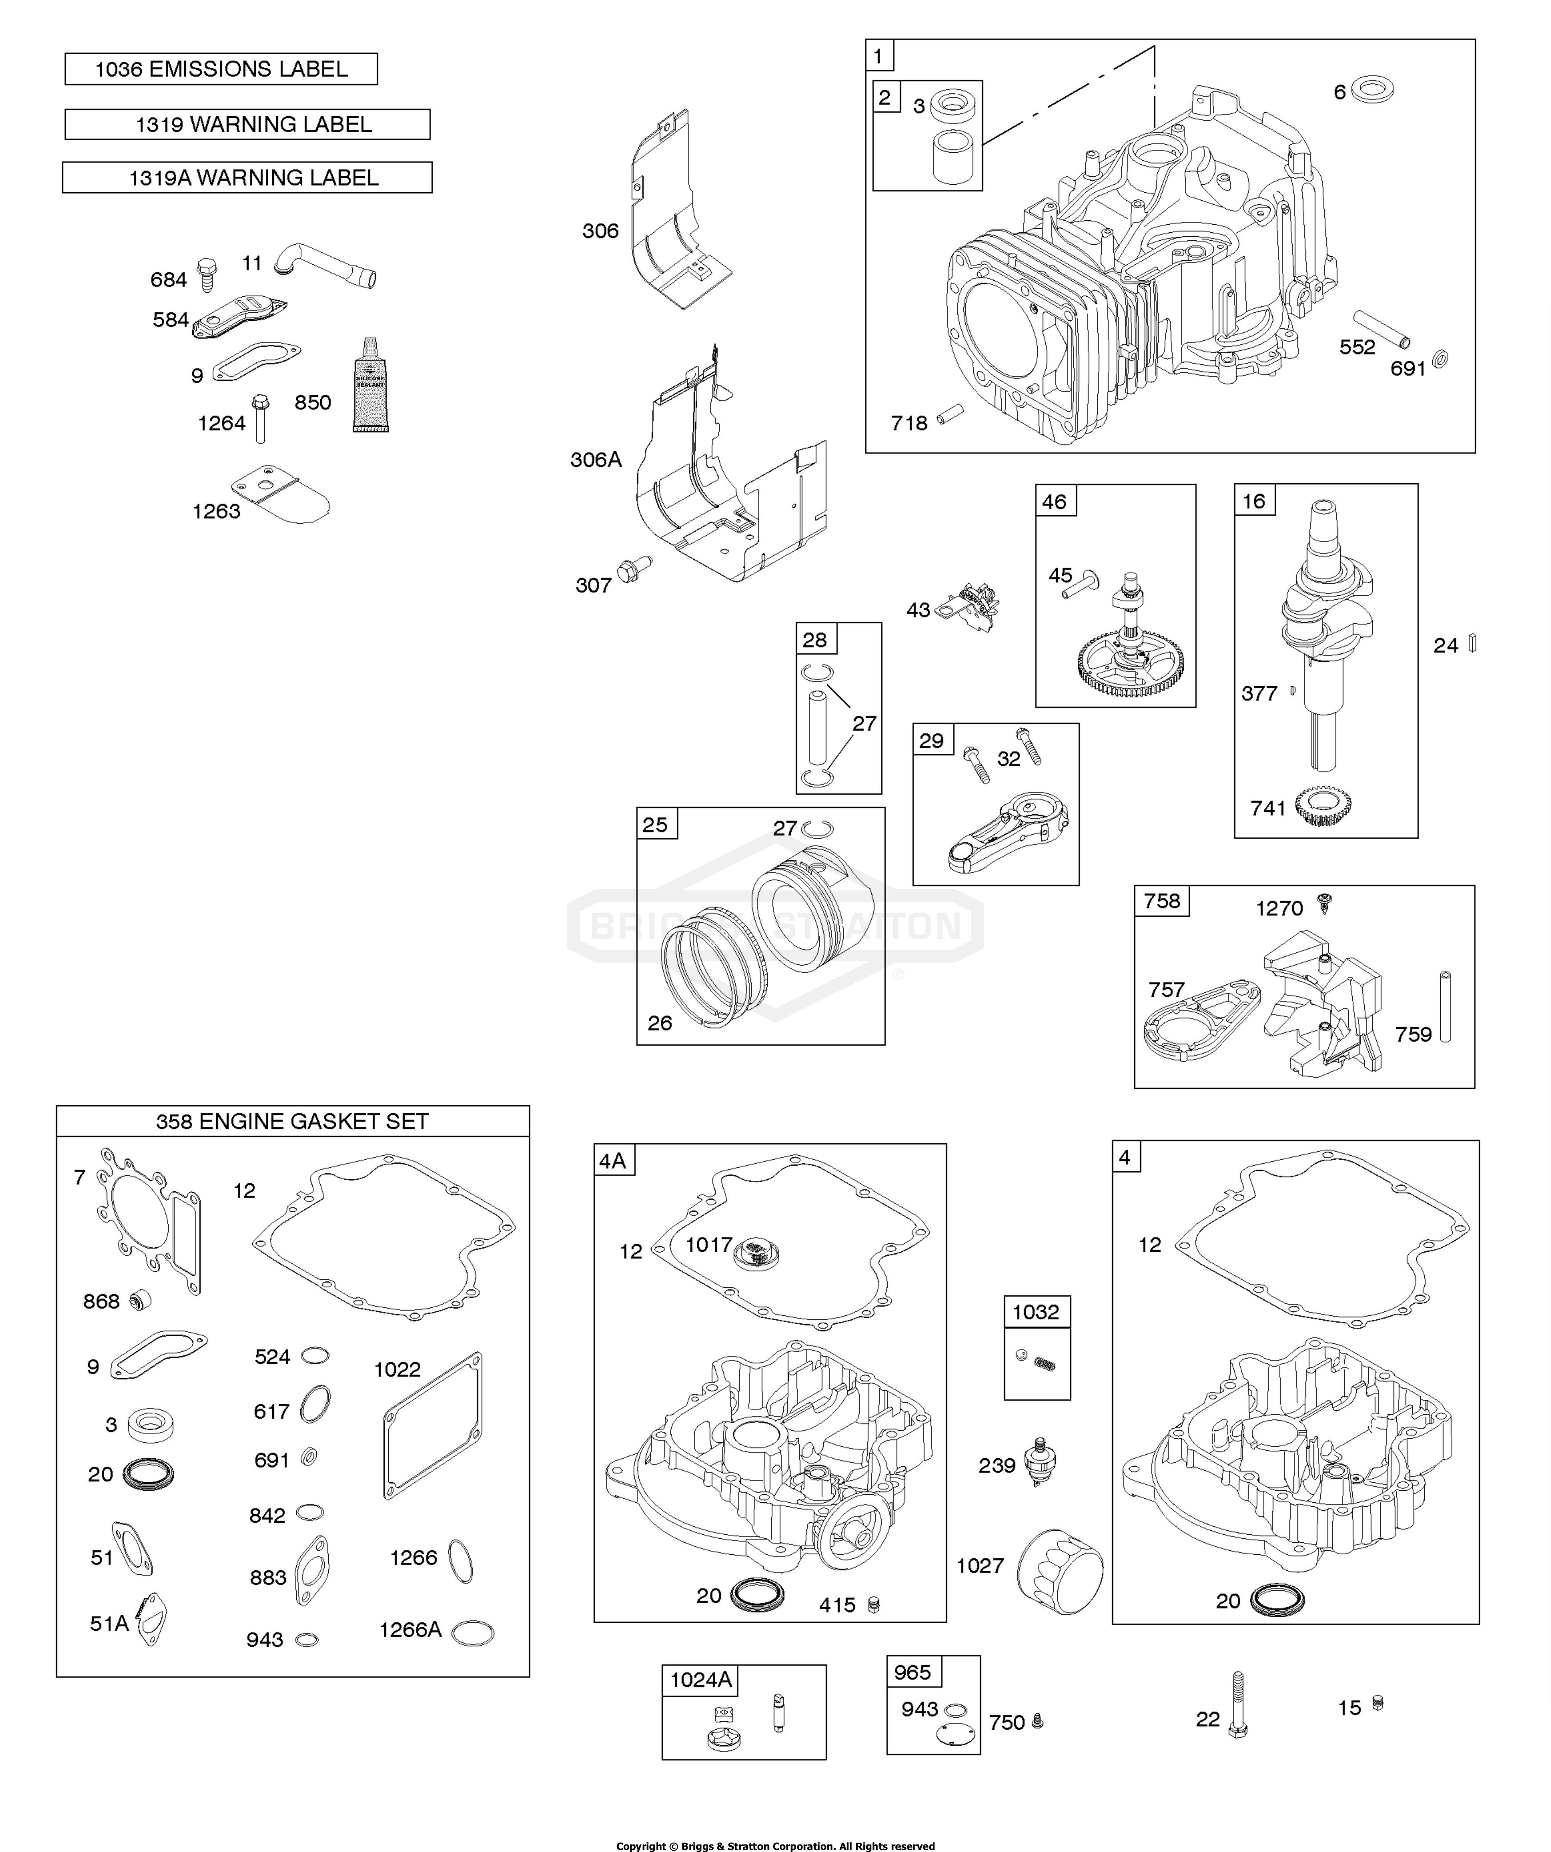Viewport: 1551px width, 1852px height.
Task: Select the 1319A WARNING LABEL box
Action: click(x=247, y=177)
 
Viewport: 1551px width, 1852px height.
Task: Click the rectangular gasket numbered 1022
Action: click(x=433, y=1425)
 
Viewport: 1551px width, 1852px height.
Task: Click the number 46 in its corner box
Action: click(x=1055, y=502)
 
